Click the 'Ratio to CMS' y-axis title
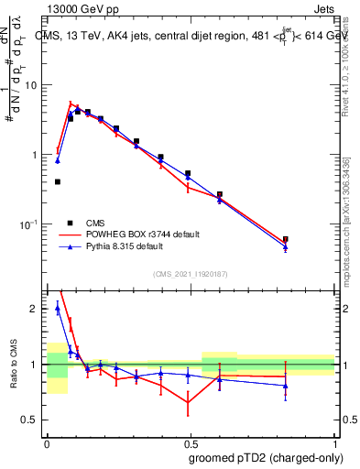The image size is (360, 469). coord(14,365)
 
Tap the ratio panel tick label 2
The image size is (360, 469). coord(35,310)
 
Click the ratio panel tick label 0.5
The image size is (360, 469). coord(32,420)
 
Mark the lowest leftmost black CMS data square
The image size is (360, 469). coord(58,181)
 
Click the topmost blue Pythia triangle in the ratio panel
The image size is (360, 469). coord(58,308)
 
